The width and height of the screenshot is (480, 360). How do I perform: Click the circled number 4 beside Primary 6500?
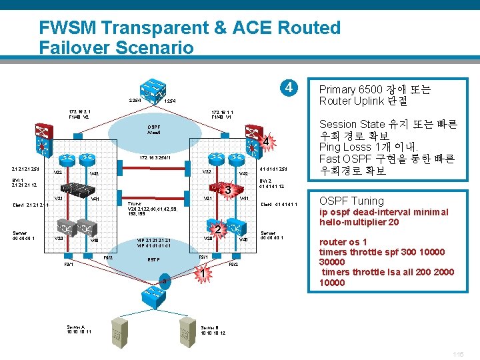point(287,88)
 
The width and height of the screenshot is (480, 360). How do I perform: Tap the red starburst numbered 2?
point(218,229)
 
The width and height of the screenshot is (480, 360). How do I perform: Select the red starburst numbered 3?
point(227,191)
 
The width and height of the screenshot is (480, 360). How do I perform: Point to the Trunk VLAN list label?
point(153,209)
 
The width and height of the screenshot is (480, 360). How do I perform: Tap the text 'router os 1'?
point(345,243)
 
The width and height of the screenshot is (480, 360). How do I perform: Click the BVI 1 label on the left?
point(17,181)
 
